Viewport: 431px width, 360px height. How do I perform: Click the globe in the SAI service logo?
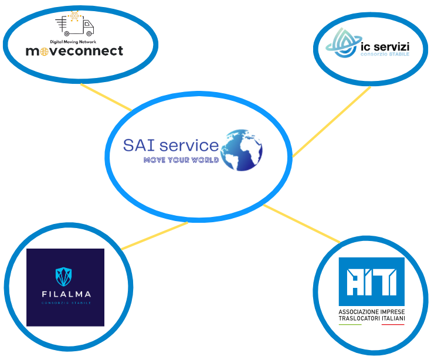(x=241, y=150)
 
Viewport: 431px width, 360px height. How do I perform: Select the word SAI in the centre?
(x=140, y=145)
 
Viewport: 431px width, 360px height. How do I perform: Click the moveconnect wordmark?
(x=74, y=52)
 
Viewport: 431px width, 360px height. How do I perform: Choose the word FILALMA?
(x=65, y=294)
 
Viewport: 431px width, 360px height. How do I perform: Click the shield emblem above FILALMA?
(x=65, y=276)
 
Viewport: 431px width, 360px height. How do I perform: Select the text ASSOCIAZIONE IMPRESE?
(x=371, y=311)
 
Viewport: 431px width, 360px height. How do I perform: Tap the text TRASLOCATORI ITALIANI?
(x=371, y=318)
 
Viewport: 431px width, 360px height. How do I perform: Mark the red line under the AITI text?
(x=392, y=324)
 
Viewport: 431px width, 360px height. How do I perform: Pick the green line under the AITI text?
(x=350, y=324)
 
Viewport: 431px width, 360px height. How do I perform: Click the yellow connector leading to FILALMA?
(x=154, y=236)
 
